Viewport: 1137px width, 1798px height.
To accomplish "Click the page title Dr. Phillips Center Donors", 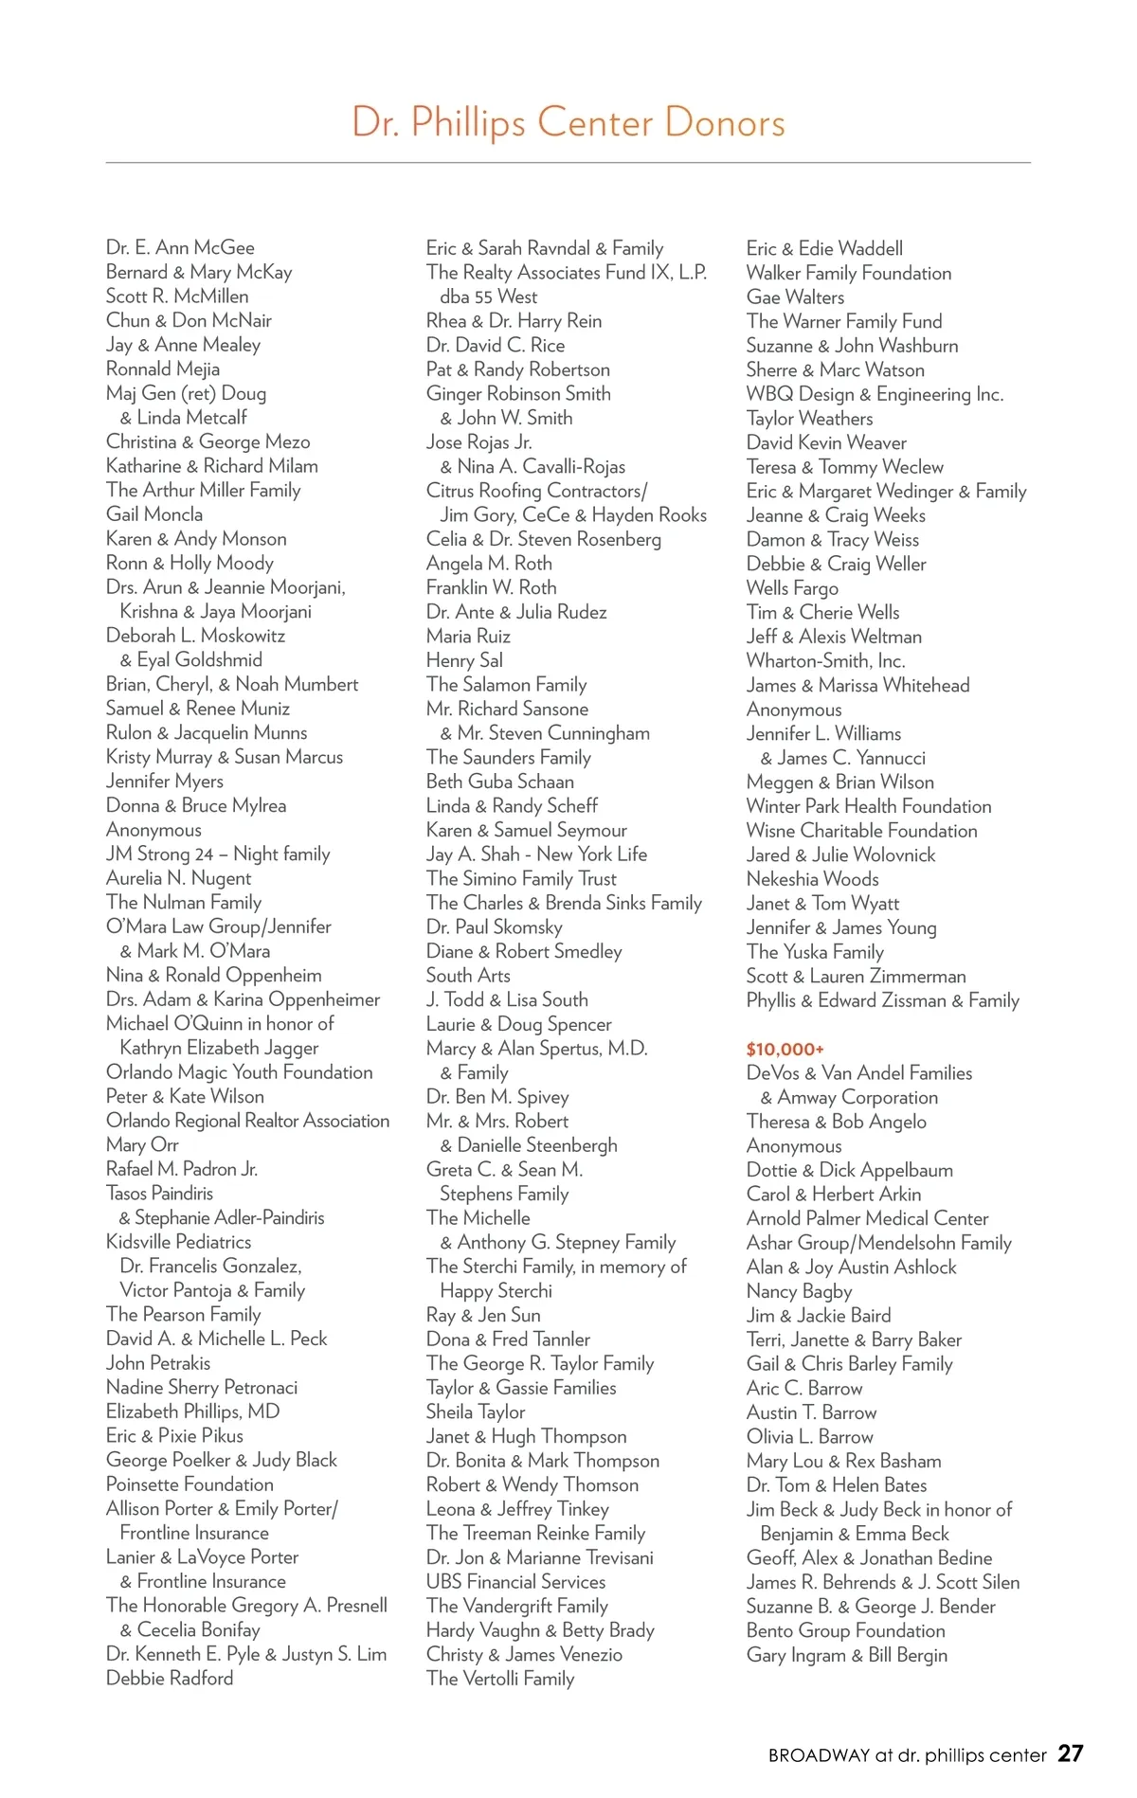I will (568, 123).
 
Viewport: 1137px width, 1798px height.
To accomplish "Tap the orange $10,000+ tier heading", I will (785, 1049).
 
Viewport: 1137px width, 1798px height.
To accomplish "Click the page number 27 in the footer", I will (1070, 1753).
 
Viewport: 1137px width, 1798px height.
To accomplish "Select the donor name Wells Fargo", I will (792, 588).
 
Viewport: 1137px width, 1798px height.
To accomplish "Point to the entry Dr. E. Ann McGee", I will (180, 248).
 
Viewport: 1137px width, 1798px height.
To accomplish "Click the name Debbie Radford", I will (170, 1678).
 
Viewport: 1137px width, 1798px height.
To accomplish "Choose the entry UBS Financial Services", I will (515, 1581).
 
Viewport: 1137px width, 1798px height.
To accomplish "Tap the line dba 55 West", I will (488, 297).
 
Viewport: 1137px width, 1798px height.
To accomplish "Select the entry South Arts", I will (468, 976).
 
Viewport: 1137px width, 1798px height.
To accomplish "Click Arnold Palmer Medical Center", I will (867, 1218).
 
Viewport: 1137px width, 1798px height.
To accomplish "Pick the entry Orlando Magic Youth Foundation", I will (240, 1072).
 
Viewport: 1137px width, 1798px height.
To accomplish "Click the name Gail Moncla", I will (154, 514).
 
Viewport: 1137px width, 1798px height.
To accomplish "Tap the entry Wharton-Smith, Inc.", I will (825, 660).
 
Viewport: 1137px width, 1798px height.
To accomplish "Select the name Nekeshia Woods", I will (812, 879).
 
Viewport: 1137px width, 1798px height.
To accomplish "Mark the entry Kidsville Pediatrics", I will (179, 1242).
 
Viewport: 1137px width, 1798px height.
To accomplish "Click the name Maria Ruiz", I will (468, 637).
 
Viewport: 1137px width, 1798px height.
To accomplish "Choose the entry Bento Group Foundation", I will (845, 1630).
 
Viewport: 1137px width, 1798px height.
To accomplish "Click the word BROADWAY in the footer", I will (819, 1755).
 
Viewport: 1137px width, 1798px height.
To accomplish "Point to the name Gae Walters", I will (795, 297).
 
